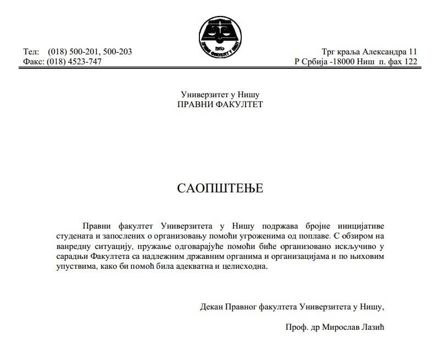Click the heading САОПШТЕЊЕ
pyautogui.click(x=220, y=189)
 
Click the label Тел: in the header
pyautogui.click(x=31, y=52)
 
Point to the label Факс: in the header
pyautogui.click(x=34, y=62)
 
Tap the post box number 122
pyautogui.click(x=410, y=62)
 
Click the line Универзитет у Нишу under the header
pyautogui.click(x=220, y=95)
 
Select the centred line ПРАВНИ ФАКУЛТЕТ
pyautogui.click(x=220, y=104)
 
